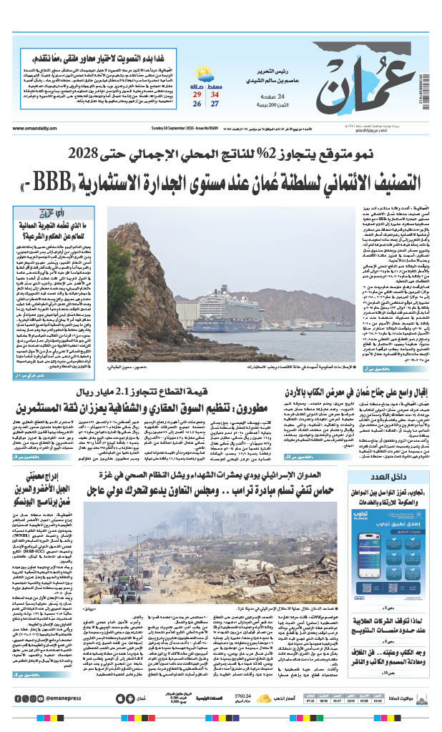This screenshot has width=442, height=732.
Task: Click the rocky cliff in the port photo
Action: point(143,286)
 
